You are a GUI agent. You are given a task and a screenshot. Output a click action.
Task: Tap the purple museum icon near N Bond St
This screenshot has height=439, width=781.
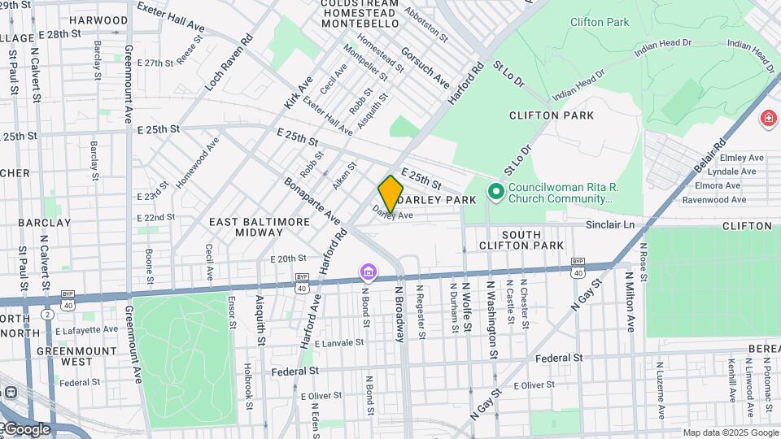coord(368,271)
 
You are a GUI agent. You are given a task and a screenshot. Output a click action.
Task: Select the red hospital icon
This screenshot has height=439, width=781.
coord(767,120)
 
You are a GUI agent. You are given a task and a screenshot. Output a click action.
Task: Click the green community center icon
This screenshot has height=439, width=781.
coord(495,193)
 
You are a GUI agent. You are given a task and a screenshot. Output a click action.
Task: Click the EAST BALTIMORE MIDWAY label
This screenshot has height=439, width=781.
coord(260,227)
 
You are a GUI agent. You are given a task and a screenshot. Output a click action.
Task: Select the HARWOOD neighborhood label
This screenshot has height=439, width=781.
coord(98,20)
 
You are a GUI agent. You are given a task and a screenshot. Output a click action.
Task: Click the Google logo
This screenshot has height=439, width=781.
coord(26,428)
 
